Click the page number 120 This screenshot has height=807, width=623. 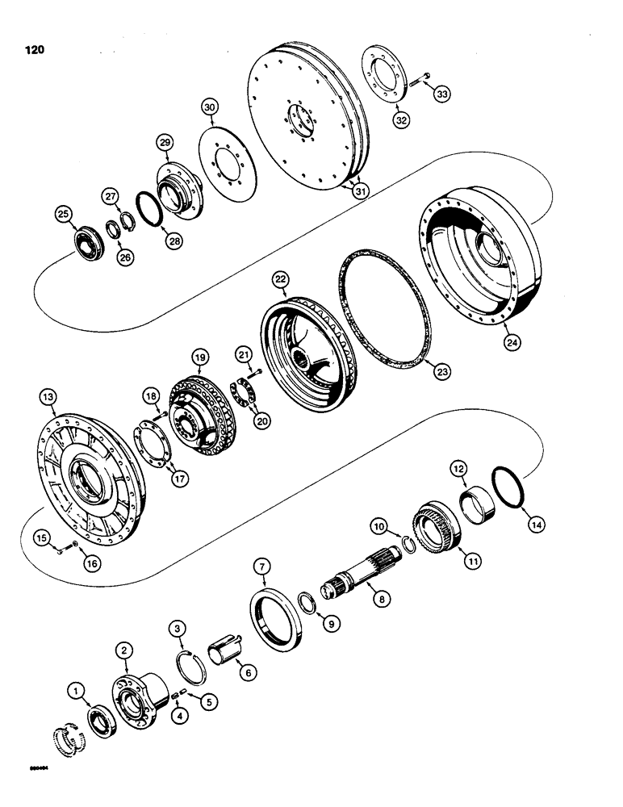33,49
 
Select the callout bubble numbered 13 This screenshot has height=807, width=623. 49,397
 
